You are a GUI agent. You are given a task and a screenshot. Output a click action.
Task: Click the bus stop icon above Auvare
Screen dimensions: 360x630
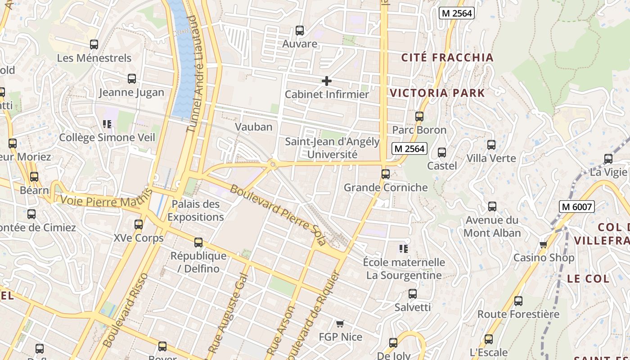tap(300, 31)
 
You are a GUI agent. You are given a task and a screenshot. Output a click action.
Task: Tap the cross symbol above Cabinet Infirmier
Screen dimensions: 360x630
tap(327, 81)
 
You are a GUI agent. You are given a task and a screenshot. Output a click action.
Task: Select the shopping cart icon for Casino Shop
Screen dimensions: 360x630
tap(544, 245)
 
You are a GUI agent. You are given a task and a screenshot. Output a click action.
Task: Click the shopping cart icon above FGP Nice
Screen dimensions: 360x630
tap(340, 324)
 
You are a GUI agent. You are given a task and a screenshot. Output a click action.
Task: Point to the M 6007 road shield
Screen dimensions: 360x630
tap(577, 207)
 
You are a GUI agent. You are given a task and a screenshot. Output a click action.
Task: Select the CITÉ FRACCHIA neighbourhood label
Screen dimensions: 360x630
tap(447, 58)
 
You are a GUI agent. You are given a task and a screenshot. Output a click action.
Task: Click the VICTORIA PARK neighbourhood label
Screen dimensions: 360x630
tap(437, 93)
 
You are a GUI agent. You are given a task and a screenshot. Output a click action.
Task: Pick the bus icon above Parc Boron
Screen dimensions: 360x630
tap(419, 117)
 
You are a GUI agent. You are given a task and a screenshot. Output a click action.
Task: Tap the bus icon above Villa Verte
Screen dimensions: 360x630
tap(491, 145)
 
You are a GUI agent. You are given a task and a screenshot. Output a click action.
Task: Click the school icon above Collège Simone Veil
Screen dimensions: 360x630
tap(107, 124)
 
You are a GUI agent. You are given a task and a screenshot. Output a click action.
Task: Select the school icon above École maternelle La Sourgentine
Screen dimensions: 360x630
tap(404, 248)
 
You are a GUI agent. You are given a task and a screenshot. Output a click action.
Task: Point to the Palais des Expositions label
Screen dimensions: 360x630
tap(196, 211)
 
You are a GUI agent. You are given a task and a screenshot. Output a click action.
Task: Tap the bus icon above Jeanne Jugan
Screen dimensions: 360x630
tap(132, 79)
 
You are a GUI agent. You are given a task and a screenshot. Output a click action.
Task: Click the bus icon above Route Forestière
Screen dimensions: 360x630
tap(518, 301)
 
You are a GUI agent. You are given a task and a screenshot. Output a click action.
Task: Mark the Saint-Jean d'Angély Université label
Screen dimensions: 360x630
tap(332, 148)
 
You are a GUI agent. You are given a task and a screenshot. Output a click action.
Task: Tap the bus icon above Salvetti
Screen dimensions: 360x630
tap(413, 294)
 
